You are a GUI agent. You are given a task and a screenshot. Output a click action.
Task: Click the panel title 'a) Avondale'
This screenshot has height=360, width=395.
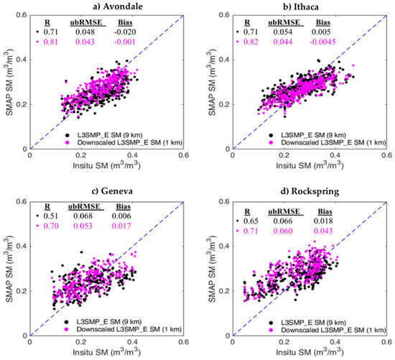click(x=106, y=7)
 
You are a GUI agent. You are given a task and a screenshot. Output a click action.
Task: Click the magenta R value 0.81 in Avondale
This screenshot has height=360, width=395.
click(x=47, y=43)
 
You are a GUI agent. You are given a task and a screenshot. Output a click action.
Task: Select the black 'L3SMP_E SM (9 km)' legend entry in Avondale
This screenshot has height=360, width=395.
click(x=125, y=127)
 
